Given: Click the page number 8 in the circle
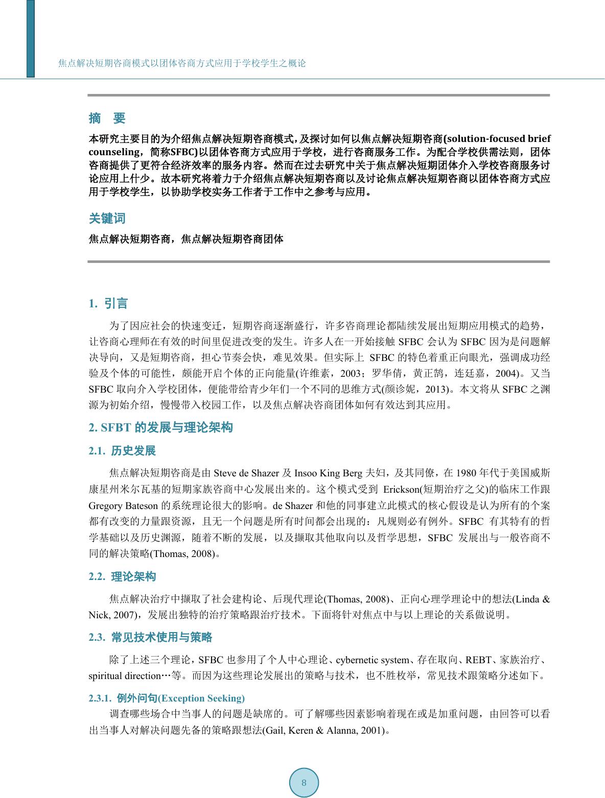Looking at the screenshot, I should pyautogui.click(x=304, y=783).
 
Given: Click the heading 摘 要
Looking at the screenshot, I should pyautogui.click(x=107, y=118).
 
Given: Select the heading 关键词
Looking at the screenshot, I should pyautogui.click(x=107, y=219).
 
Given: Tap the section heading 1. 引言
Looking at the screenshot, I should pyautogui.click(x=108, y=304).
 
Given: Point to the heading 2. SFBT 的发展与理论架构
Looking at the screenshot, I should pyautogui.click(x=160, y=428).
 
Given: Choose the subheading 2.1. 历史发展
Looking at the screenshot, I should pyautogui.click(x=122, y=451).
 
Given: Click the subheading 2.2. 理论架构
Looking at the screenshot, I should pyautogui.click(x=122, y=577).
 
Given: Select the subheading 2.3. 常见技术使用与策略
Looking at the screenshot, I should pyautogui.click(x=150, y=637).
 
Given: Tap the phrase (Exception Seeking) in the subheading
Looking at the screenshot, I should pyautogui.click(x=201, y=698).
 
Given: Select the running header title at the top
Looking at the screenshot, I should pyautogui.click(x=182, y=64).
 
